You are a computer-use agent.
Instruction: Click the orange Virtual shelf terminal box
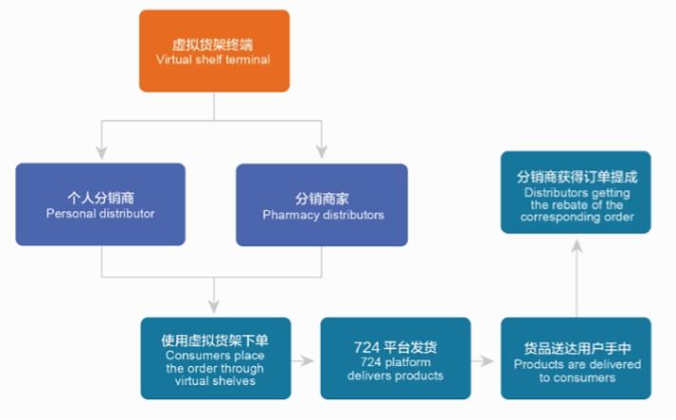(x=214, y=51)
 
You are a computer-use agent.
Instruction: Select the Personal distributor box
(x=100, y=205)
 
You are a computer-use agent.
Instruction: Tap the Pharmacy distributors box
(x=322, y=205)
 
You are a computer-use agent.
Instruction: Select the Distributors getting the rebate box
(x=577, y=192)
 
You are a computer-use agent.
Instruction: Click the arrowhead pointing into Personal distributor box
(x=100, y=150)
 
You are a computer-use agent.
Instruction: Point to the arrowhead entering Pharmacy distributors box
(x=322, y=150)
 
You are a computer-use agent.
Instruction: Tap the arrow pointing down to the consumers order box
(x=214, y=305)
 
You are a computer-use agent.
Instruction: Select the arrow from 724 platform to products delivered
(x=486, y=360)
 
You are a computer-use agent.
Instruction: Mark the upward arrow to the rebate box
(x=577, y=245)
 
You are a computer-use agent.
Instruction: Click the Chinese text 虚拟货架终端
(x=213, y=44)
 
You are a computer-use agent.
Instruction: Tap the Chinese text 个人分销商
(x=100, y=199)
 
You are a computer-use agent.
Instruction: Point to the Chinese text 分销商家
(x=322, y=199)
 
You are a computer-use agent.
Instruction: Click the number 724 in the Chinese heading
(x=367, y=346)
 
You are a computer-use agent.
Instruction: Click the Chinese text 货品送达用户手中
(x=577, y=349)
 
